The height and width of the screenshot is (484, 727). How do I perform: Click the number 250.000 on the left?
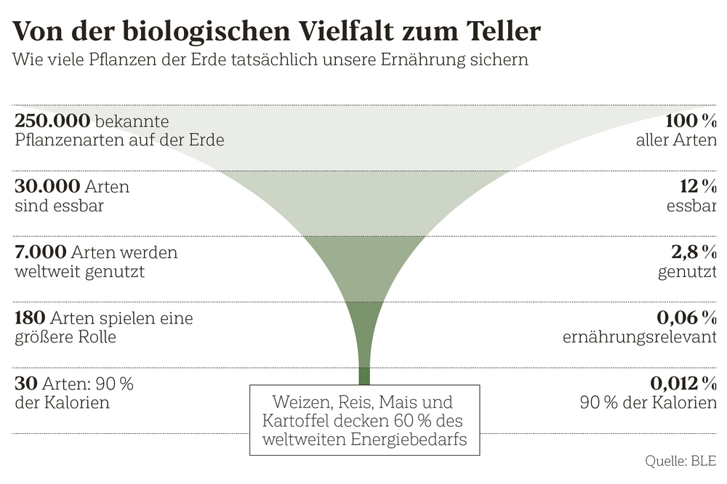coord(52,121)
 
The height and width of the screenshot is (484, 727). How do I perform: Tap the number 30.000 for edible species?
coord(47,187)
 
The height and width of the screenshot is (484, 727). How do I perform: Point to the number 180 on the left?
coord(31,318)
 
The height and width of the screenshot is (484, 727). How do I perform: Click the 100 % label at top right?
coord(691,121)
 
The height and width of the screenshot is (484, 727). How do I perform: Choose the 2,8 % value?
coord(697,253)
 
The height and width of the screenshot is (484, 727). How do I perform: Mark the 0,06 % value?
coord(687,318)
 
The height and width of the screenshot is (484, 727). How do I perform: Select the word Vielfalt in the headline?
coord(351,32)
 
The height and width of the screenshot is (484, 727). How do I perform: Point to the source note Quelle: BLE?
coord(680,461)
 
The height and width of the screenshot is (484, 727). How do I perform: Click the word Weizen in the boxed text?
coord(298,402)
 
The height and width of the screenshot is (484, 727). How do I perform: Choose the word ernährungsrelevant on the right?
coord(640,338)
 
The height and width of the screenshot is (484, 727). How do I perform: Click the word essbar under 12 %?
coord(691,206)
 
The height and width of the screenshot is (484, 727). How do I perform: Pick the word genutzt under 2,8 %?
coord(687,272)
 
